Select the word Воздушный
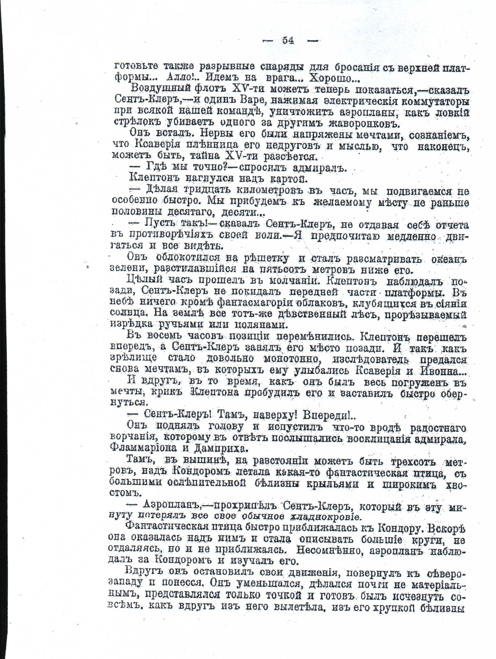pyautogui.click(x=162, y=89)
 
